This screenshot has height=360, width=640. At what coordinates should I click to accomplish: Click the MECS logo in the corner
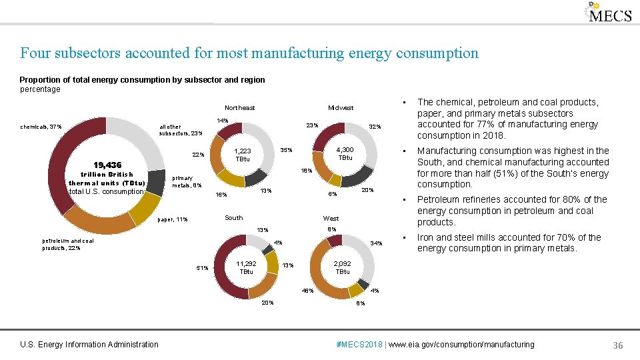(608, 13)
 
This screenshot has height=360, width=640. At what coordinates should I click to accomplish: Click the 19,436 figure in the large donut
(107, 165)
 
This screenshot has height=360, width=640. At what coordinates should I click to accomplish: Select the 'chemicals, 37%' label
(41, 127)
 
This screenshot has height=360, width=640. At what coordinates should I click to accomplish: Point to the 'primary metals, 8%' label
(183, 181)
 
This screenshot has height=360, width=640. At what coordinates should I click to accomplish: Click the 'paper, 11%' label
(172, 219)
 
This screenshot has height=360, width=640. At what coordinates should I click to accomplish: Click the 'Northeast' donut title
(239, 107)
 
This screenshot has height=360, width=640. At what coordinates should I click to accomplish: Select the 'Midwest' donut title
(341, 107)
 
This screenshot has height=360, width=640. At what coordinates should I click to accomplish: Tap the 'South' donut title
(234, 217)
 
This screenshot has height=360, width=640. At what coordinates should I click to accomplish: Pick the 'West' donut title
(331, 218)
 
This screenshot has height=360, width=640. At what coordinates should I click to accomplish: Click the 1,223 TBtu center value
(243, 155)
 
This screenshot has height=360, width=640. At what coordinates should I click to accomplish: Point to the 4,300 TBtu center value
(345, 153)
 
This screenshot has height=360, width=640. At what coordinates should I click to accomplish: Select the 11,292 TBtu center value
(246, 267)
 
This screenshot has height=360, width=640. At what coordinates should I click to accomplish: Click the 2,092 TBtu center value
(342, 267)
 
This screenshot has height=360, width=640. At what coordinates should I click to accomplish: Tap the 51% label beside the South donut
(202, 268)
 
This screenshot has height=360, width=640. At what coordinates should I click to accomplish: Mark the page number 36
(617, 345)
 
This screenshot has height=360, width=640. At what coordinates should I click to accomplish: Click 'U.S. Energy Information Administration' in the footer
(89, 345)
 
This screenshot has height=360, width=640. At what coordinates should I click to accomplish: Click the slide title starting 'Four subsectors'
(249, 53)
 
